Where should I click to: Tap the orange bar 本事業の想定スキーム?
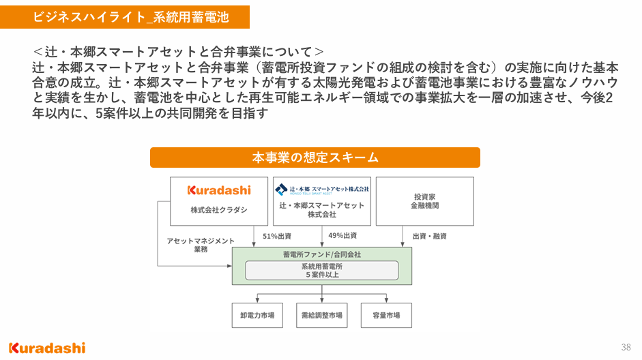(x=315, y=157)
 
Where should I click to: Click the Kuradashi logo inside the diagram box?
(x=219, y=190)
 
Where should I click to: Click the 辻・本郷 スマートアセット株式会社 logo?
(x=322, y=189)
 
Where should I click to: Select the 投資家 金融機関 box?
(x=424, y=200)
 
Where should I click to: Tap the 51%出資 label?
(x=277, y=236)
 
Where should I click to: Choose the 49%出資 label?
(x=342, y=236)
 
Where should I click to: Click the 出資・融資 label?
(x=429, y=236)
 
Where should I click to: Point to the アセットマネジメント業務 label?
(x=201, y=245)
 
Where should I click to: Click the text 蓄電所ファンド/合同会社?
(x=322, y=254)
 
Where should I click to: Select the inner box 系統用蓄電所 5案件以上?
(x=322, y=270)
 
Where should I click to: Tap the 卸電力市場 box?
(x=257, y=316)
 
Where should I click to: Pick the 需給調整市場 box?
(x=322, y=316)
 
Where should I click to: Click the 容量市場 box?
(x=386, y=316)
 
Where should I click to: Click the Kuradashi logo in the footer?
(x=47, y=347)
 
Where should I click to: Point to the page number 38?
(x=626, y=347)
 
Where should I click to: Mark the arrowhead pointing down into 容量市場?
(x=387, y=300)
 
